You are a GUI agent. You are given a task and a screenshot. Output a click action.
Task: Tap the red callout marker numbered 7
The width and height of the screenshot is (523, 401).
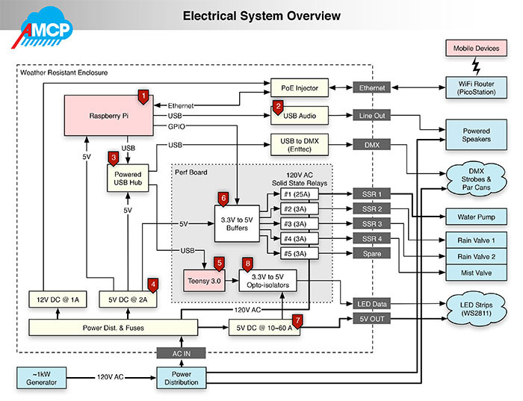pos(297,320)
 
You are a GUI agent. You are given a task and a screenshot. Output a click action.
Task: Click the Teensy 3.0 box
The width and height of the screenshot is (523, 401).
pos(204,282)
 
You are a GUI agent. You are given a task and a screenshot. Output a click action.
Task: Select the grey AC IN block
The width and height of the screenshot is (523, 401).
pos(178,353)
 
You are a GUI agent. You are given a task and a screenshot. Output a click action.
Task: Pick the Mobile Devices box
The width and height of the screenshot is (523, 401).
pos(476,49)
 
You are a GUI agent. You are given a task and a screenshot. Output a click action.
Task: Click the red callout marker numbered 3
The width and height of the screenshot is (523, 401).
pos(114,158)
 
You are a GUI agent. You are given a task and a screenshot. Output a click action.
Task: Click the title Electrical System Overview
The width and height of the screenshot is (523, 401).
pos(261,16)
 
